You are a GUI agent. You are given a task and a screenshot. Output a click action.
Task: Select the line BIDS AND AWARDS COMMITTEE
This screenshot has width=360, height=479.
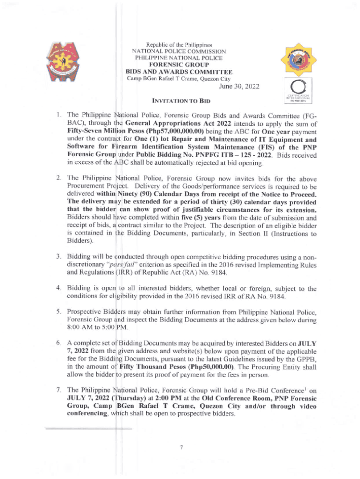(x=179, y=72)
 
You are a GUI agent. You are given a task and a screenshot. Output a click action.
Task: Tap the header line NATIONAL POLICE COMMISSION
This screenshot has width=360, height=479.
(x=180, y=51)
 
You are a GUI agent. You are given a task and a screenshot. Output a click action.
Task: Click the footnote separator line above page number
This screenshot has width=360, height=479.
(x=89, y=428)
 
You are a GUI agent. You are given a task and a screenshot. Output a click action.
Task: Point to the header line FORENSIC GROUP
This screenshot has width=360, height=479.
(x=179, y=65)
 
